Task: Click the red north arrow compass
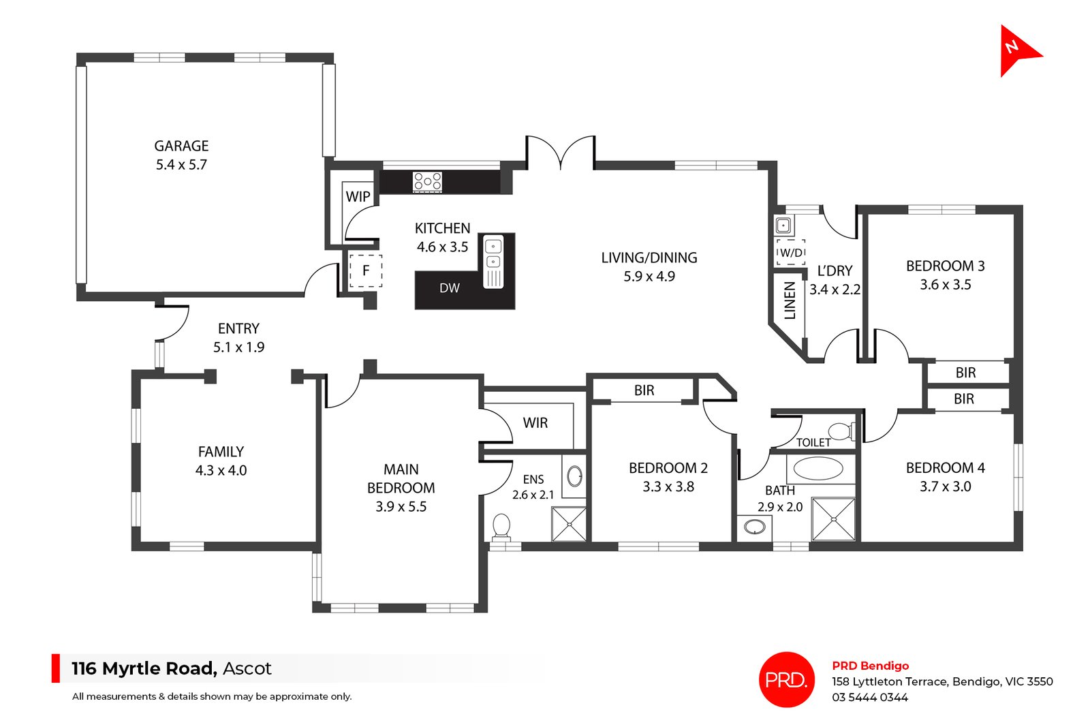[1016, 50]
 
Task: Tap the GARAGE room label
[181, 146]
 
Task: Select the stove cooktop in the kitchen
[427, 181]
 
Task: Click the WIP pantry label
[358, 197]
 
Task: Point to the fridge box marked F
[366, 270]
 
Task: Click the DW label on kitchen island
[449, 288]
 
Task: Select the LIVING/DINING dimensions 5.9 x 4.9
[649, 277]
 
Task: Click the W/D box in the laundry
[791, 252]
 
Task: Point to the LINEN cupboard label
[790, 300]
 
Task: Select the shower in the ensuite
[569, 523]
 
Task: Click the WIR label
[535, 423]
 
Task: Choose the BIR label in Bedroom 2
[644, 390]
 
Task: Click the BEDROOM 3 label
[945, 266]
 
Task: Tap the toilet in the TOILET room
[841, 431]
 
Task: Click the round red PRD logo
[787, 679]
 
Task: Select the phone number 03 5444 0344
[869, 698]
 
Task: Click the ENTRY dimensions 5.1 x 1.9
[238, 347]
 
